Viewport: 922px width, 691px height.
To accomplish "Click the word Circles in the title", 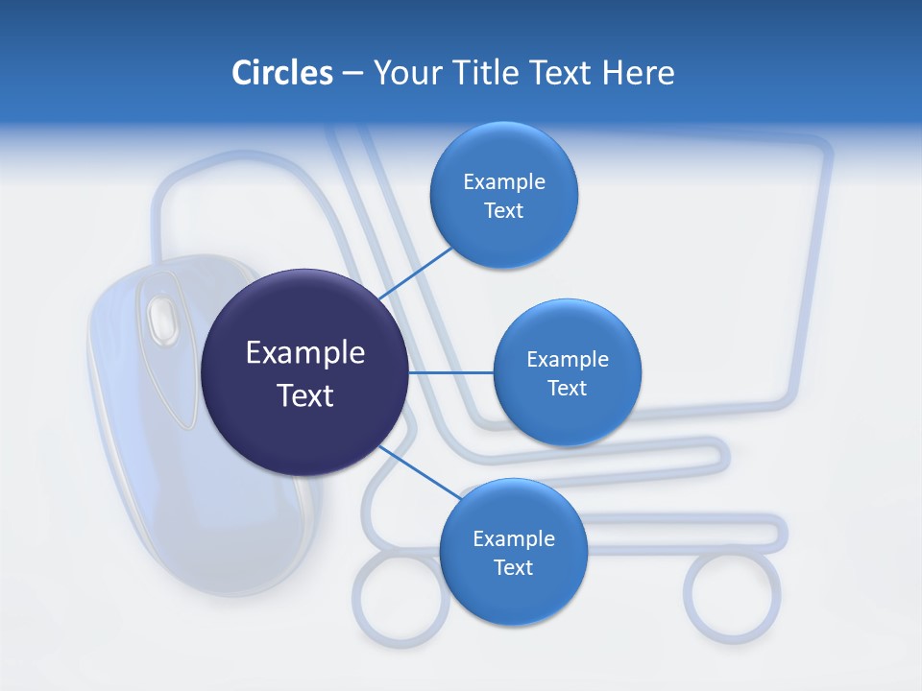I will [281, 72].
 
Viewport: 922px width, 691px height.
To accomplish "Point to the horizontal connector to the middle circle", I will [450, 372].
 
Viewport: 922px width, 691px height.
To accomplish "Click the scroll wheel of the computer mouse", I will [162, 316].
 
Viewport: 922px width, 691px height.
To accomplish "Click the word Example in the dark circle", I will [304, 352].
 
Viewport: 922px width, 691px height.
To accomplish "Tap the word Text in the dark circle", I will [304, 395].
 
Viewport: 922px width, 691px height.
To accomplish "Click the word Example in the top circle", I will [504, 181].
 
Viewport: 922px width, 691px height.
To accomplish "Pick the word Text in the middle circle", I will [567, 388].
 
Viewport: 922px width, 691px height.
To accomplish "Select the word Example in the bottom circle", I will [513, 538].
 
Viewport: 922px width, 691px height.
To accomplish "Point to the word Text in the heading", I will [560, 72].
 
